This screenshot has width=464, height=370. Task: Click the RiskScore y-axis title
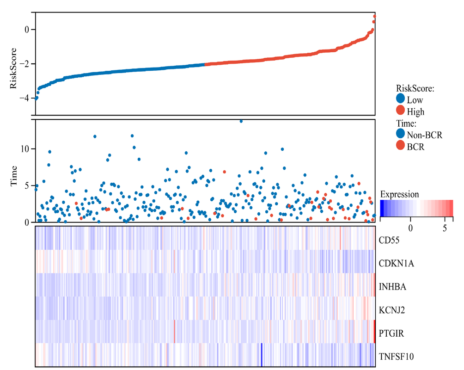point(13,68)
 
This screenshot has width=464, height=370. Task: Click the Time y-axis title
point(13,176)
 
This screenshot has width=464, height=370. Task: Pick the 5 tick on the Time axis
point(27,185)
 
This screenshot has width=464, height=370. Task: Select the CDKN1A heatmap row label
point(396,264)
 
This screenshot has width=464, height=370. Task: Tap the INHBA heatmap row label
point(392,287)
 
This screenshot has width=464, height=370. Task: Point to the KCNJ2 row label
point(392,310)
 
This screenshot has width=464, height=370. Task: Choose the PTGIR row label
point(391,333)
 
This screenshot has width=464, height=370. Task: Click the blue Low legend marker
point(401,99)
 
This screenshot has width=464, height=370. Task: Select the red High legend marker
point(401,111)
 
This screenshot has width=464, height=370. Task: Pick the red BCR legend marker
point(401,147)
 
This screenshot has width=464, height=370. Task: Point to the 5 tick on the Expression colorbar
point(445,228)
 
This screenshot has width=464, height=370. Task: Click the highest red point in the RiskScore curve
point(374,16)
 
